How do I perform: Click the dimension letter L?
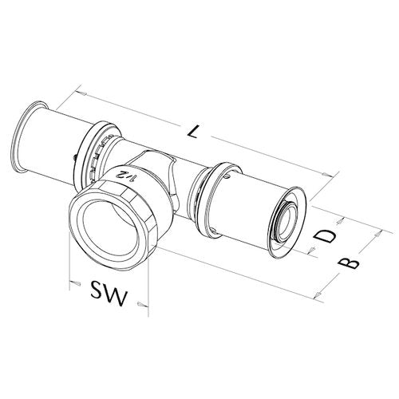pos(193,132)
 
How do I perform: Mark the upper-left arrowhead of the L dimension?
pos(81,93)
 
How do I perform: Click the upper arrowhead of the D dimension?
pos(339,222)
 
